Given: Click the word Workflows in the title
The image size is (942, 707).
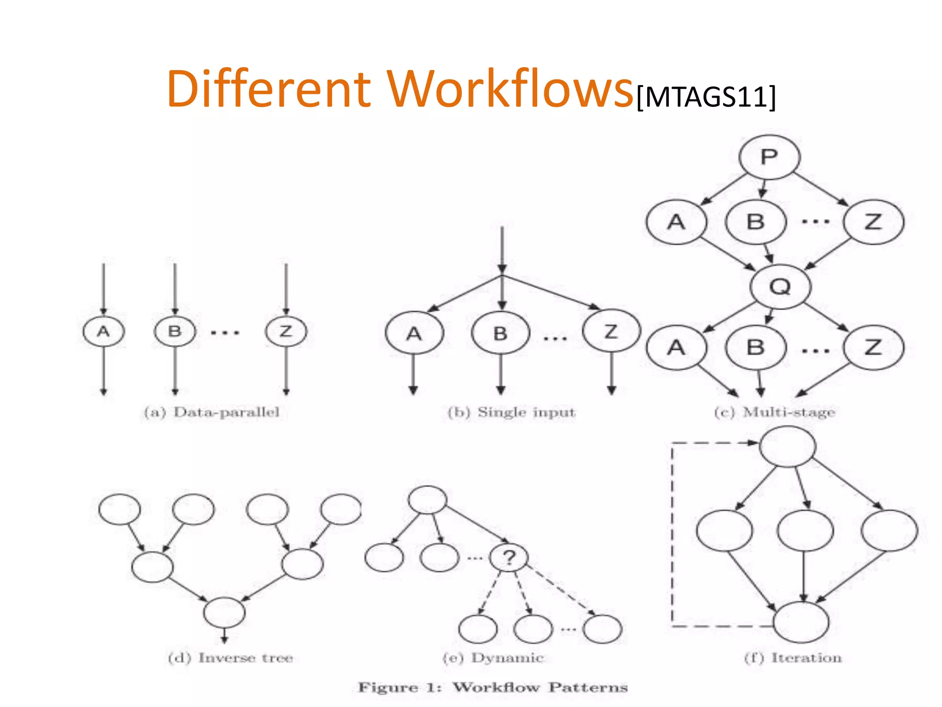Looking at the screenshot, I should [510, 88].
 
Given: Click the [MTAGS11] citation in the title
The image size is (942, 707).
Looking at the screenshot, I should [706, 97].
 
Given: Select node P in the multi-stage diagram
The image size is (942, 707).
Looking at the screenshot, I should [769, 157].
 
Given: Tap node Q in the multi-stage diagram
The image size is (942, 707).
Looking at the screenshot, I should [780, 286].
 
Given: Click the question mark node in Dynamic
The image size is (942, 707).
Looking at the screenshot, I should [509, 557].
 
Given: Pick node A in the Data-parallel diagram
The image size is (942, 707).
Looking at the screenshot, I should [103, 331].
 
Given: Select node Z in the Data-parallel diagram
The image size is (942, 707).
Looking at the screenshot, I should [286, 331].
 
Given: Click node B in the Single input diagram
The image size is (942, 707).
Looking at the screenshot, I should [500, 333].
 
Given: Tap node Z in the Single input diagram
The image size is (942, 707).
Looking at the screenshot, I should [611, 331].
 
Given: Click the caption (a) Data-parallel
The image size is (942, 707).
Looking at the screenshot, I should [212, 412].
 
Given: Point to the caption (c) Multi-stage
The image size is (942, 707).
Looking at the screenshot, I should [775, 412].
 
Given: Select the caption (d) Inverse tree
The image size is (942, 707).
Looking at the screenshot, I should [230, 658].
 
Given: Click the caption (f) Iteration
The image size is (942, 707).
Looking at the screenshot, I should [793, 658].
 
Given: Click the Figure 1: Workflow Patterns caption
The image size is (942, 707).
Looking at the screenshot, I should [493, 688].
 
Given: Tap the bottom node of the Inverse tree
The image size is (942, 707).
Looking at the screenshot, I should [224, 612].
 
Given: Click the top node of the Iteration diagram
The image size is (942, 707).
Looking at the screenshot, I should [787, 446].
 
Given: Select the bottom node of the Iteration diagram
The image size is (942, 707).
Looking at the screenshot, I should [801, 622].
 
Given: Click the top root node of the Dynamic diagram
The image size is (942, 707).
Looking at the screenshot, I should [427, 499].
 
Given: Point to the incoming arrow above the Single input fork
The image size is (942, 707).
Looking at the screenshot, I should [502, 249].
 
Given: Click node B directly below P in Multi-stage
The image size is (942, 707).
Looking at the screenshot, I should [755, 222].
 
